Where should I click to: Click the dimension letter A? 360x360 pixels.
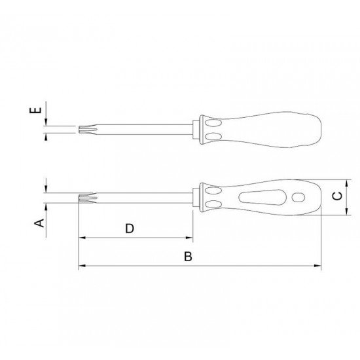click(x=39, y=223)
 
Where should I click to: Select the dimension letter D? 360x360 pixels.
click(x=130, y=228)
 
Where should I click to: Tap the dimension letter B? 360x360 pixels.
click(x=188, y=257)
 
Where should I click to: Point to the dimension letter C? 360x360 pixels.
click(x=338, y=196)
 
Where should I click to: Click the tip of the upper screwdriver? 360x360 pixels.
click(x=79, y=130)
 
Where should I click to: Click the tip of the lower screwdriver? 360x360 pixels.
click(x=79, y=198)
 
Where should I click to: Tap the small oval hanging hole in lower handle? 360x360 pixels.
click(x=298, y=198)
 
